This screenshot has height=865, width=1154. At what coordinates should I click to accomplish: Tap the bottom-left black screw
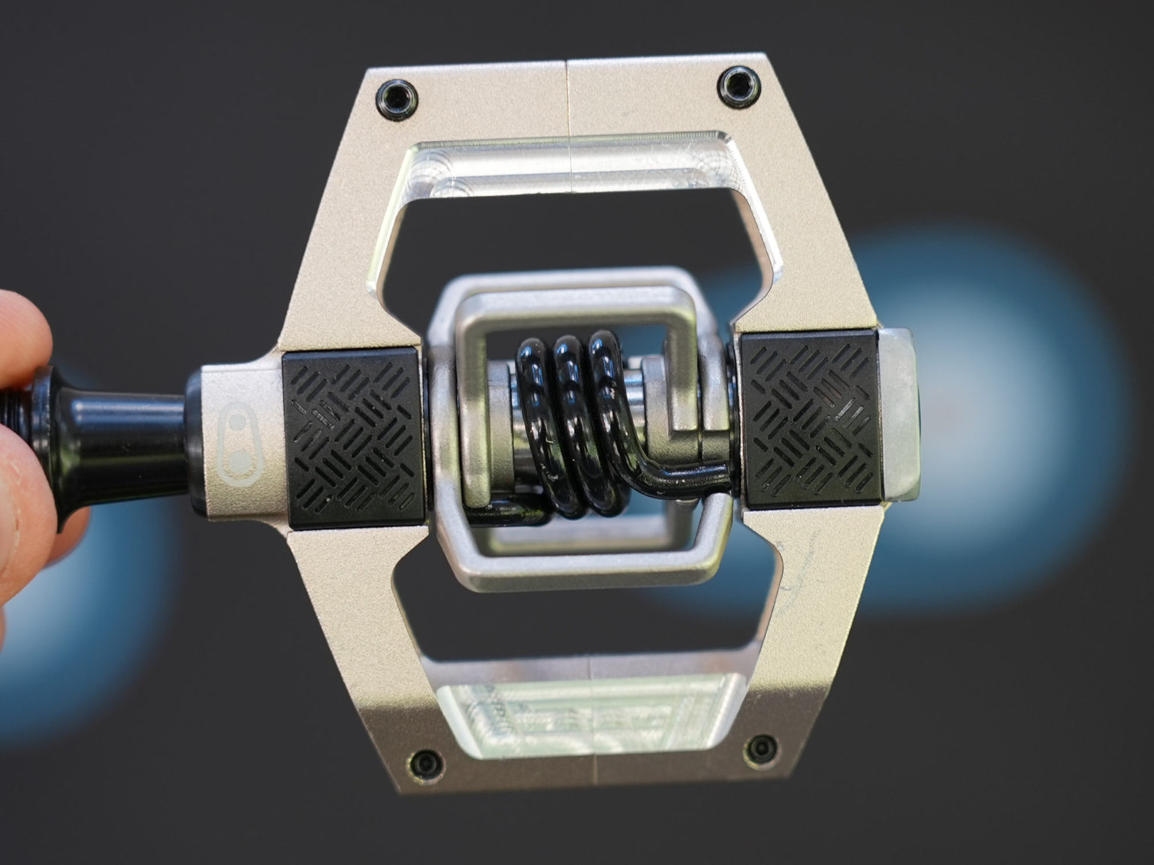427,760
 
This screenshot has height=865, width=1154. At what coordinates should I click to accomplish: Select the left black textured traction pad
353,439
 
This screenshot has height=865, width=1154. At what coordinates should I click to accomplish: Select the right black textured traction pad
810,420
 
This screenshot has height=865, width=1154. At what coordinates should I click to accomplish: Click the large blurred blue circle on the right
977,420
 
